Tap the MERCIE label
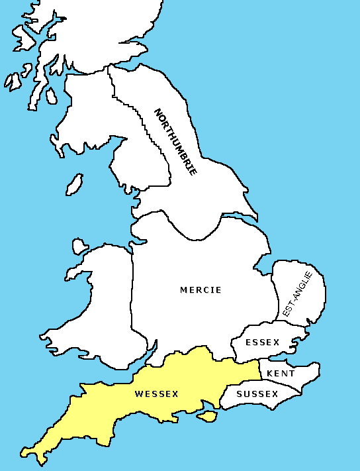click(x=201, y=289)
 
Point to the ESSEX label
click(x=263, y=342)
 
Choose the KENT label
click(x=281, y=374)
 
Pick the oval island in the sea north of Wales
click(x=75, y=183)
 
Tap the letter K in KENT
click(x=270, y=374)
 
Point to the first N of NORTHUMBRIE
click(x=157, y=113)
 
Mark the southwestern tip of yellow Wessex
click(x=24, y=455)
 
